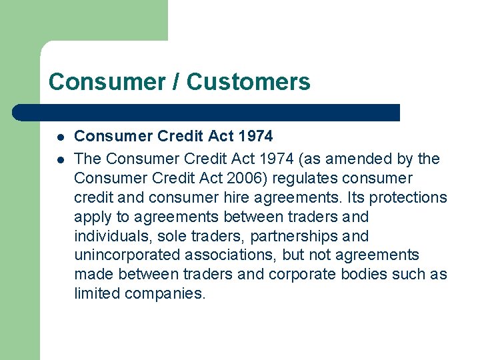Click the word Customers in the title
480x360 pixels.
(248, 82)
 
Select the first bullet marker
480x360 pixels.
(59, 137)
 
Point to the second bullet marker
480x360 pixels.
(59, 159)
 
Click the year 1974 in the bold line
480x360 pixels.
(255, 137)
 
